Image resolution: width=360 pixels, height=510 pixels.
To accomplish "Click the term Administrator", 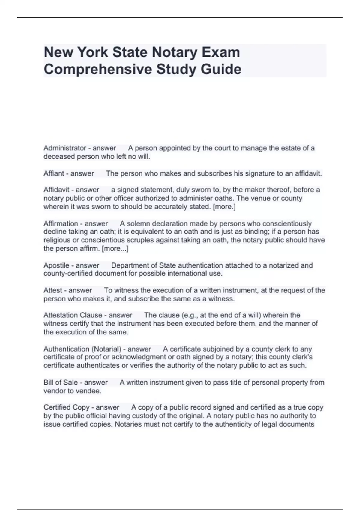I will click(x=65, y=148).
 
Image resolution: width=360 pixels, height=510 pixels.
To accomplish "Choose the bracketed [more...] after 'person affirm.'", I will click(x=115, y=249).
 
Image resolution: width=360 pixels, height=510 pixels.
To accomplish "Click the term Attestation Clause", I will click(x=73, y=315).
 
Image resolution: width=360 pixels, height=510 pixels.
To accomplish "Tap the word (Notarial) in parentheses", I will click(x=107, y=349).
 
